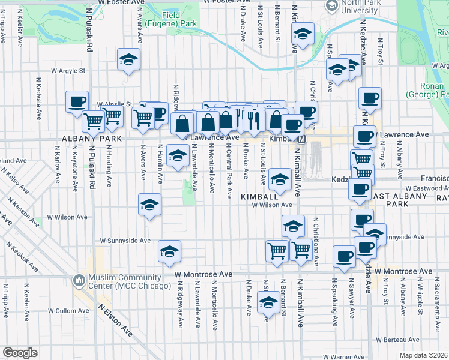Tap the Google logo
[20, 353]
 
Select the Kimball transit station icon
[302, 139]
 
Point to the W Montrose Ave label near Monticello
[203, 274]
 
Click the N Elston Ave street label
[116, 319]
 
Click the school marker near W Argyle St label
[128, 60]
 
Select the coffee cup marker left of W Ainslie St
[77, 102]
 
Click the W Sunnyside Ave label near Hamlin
[125, 241]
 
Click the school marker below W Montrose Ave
[267, 303]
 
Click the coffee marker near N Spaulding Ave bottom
[344, 256]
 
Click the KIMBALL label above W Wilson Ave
[259, 197]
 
